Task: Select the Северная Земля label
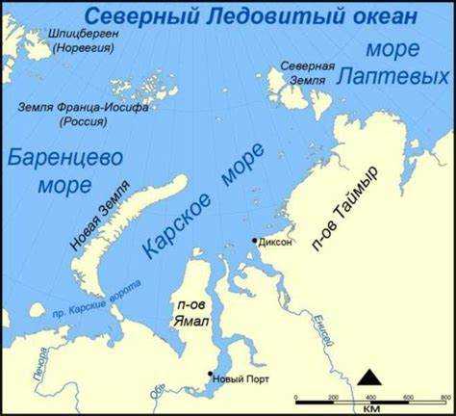(x=307, y=73)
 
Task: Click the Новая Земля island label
(x=98, y=221)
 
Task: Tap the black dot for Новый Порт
(x=211, y=375)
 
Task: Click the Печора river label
(x=38, y=363)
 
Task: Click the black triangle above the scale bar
(x=369, y=377)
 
